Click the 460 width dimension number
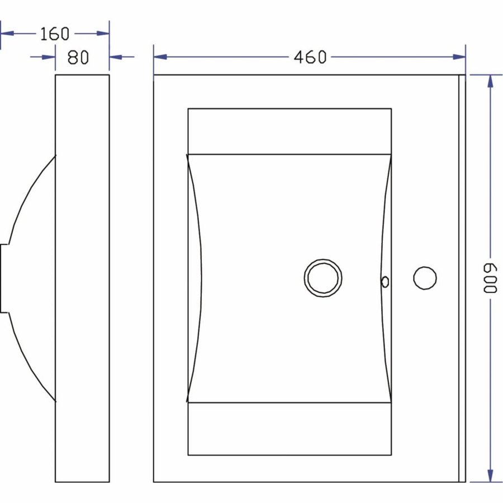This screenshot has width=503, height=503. [x=309, y=56]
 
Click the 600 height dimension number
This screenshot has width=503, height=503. [x=490, y=278]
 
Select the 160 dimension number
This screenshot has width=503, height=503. [x=55, y=34]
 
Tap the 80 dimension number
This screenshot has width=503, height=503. [x=78, y=57]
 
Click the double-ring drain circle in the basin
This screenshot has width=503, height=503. [x=323, y=278]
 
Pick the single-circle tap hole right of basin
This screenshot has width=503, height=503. [x=425, y=278]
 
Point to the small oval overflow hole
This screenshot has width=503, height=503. [x=385, y=281]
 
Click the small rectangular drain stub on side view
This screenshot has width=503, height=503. [x=4, y=278]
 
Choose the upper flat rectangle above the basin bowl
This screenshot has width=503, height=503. [x=290, y=131]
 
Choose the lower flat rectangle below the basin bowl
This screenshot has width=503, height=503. [x=290, y=428]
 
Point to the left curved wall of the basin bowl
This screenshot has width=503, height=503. [x=196, y=278]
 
